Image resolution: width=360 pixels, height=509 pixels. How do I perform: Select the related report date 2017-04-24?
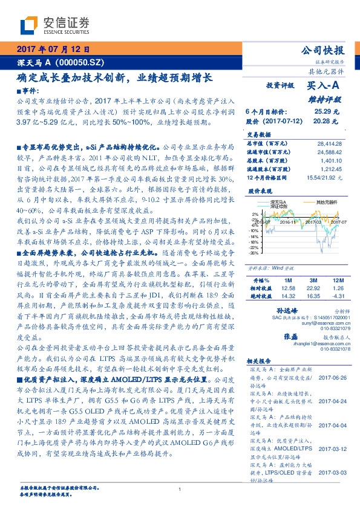pos(330,401)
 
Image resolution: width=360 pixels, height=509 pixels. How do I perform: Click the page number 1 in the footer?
pos(180,489)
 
